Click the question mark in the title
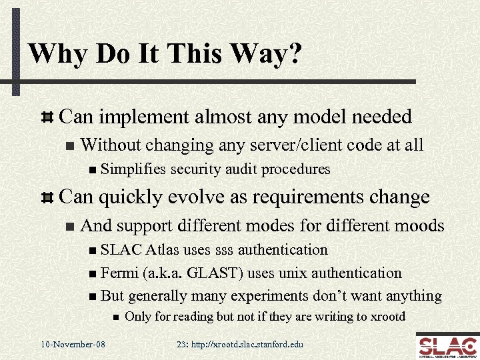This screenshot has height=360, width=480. (291, 54)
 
